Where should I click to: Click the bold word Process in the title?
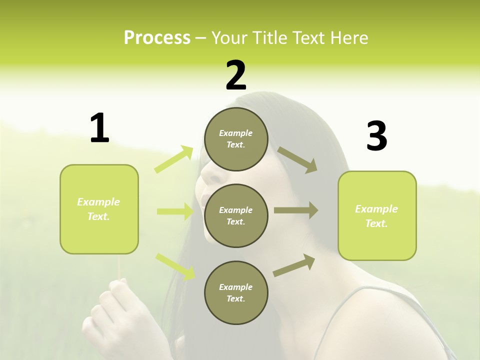click(x=157, y=37)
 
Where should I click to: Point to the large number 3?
click(x=376, y=136)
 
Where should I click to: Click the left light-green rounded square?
click(x=99, y=209)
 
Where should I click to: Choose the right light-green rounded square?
click(x=377, y=215)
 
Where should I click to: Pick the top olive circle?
click(x=236, y=139)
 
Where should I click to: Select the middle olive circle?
click(x=236, y=215)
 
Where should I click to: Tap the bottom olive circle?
click(x=236, y=292)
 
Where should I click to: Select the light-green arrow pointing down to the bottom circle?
click(x=175, y=266)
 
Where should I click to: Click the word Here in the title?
click(x=349, y=37)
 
